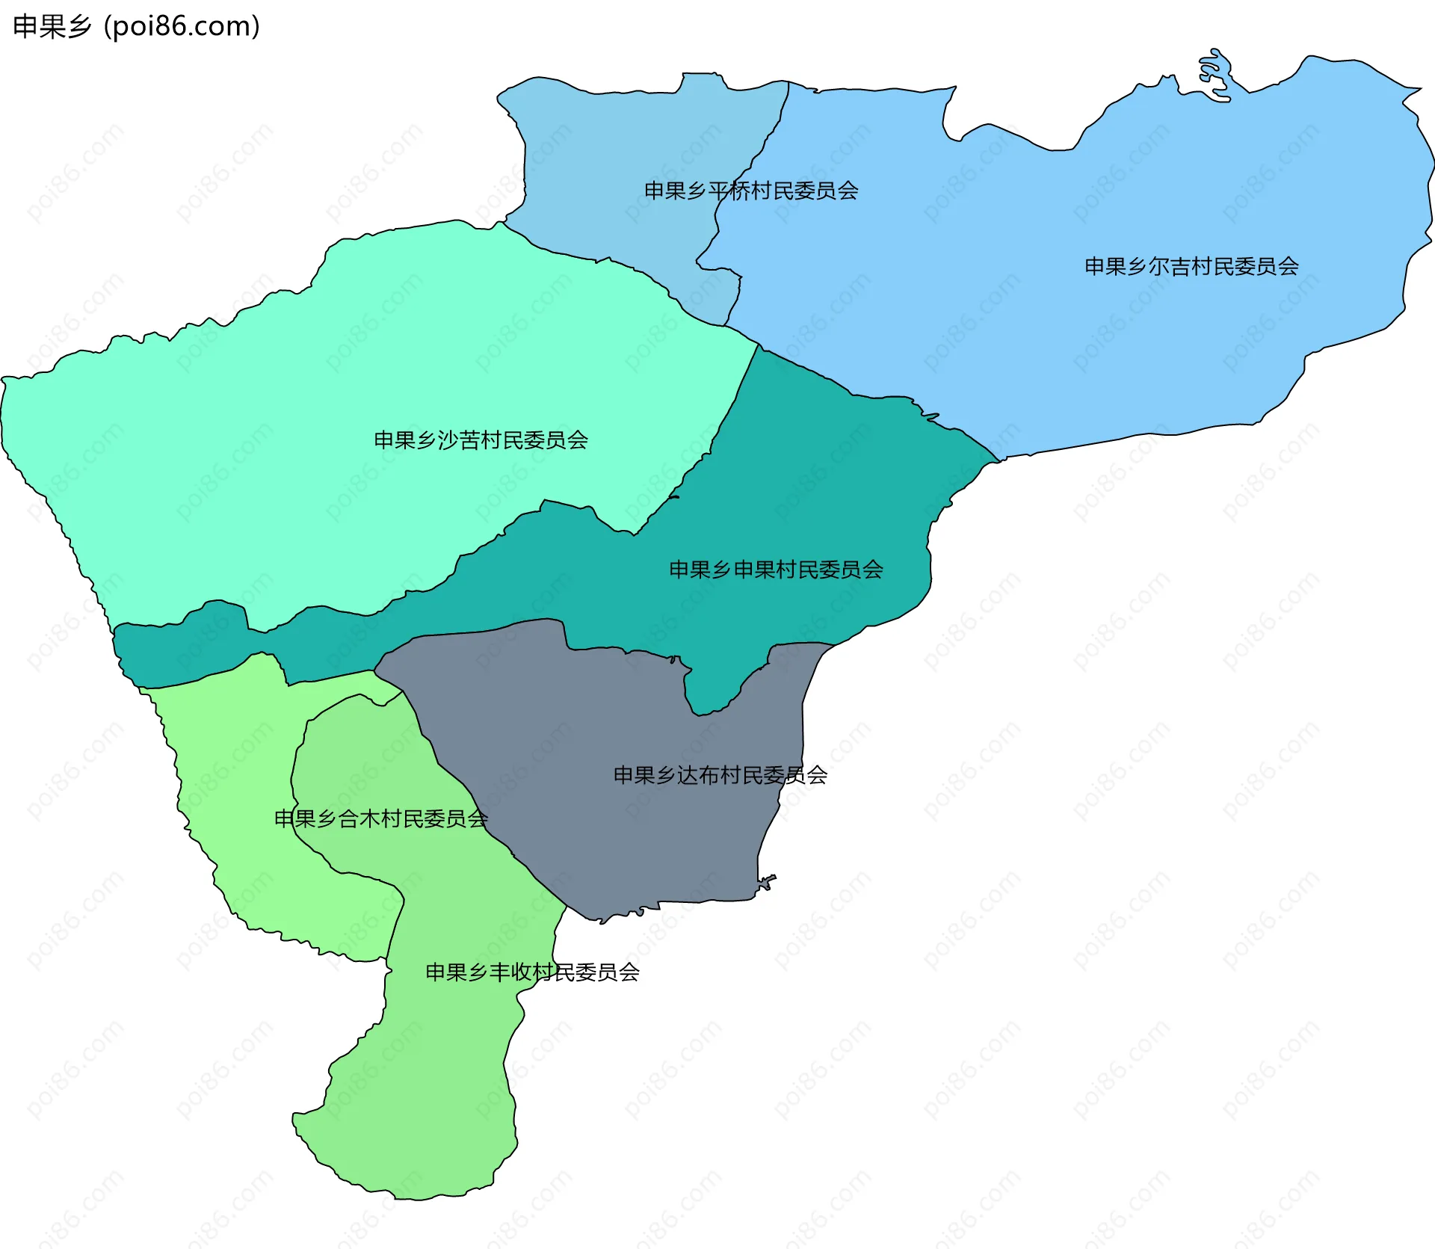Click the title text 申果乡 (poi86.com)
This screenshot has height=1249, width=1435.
click(x=136, y=26)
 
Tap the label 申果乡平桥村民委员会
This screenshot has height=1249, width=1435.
click(x=751, y=191)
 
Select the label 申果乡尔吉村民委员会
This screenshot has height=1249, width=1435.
click(x=1191, y=266)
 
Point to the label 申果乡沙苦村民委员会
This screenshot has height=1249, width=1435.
click(x=481, y=440)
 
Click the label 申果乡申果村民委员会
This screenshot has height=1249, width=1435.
click(x=776, y=570)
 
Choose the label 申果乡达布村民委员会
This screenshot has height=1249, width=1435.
click(x=720, y=774)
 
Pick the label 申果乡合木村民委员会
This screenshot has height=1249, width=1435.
click(x=381, y=818)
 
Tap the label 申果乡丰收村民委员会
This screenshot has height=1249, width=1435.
click(x=532, y=972)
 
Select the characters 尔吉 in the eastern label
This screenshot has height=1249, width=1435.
click(x=1170, y=266)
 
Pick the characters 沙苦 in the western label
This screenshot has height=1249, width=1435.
click(x=459, y=440)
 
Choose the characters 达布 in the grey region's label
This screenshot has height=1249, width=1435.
click(x=698, y=774)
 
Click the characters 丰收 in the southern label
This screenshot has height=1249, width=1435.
click(x=510, y=972)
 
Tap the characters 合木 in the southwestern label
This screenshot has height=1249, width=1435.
click(x=359, y=818)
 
